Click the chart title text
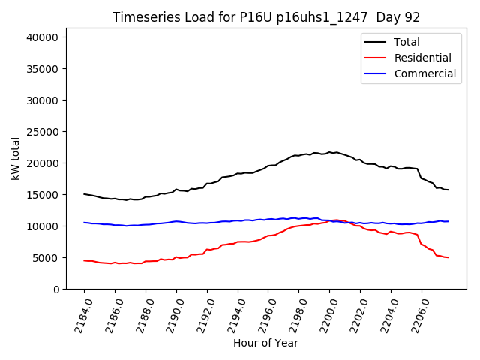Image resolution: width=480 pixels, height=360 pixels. pyautogui.click(x=266, y=17)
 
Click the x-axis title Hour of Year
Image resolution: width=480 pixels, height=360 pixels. pyautogui.click(x=265, y=343)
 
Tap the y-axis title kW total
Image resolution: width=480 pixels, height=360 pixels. pyautogui.click(x=15, y=158)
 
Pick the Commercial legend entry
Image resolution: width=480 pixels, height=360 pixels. pyautogui.click(x=424, y=73)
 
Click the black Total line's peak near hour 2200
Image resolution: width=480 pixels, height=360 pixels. pyautogui.click(x=329, y=152)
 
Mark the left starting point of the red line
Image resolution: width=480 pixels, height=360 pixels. pyautogui.click(x=84, y=260)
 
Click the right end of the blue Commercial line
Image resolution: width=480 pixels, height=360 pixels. pyautogui.click(x=448, y=221)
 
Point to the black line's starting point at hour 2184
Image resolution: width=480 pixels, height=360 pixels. pyautogui.click(x=84, y=194)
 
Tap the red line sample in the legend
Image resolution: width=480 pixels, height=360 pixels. pyautogui.click(x=376, y=58)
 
